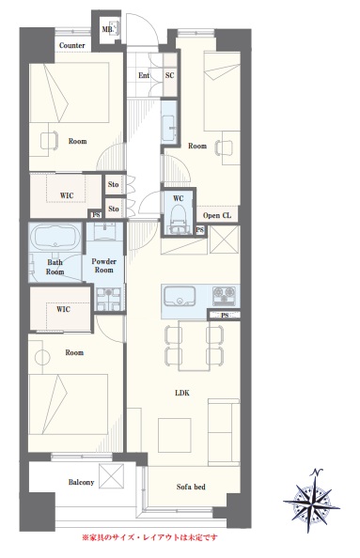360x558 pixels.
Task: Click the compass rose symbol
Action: pos(311,500)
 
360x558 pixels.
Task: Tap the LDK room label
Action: pos(182,393)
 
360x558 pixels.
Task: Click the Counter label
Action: pos(72,45)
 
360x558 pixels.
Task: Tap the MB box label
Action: pos(107,29)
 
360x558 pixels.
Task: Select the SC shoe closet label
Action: pos(170,75)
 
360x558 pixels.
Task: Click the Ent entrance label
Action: pos(144,75)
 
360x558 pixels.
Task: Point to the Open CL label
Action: pos(217,215)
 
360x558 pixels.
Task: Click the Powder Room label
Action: pos(103,266)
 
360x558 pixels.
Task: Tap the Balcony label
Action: pos(81,482)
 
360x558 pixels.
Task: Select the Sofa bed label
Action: pos(191,487)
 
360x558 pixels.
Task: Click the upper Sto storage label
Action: pos(113,184)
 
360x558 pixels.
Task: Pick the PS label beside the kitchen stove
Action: pos(225,316)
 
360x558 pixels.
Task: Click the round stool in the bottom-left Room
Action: pos(42,357)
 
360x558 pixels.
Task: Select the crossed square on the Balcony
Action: pos(112,475)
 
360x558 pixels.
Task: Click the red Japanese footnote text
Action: pos(149,537)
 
